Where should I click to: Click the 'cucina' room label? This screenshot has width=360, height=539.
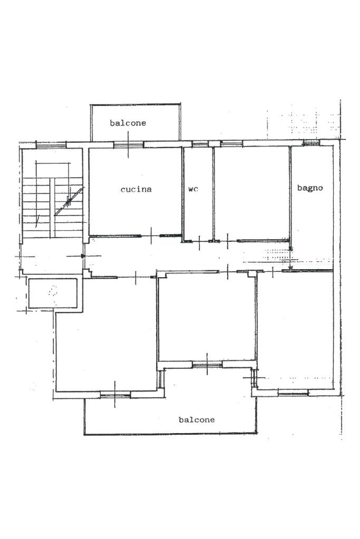136,189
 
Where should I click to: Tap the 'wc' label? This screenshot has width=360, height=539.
193,189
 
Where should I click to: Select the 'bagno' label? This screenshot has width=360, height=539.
310,188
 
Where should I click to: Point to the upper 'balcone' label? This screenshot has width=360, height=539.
128,123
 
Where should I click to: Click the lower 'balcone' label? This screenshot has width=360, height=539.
196,420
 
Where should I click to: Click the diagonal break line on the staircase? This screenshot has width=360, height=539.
69,201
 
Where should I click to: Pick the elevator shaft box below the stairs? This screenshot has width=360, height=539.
53,293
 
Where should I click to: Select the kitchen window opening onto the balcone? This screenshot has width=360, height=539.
129,145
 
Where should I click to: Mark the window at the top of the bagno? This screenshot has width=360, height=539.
312,143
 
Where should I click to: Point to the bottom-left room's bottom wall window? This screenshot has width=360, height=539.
115,395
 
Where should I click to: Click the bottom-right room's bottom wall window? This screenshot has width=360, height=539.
293,392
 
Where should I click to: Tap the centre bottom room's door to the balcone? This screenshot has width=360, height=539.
207,365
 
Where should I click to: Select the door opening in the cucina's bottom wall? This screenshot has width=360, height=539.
151,236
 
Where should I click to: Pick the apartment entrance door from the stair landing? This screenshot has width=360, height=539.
84,256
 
